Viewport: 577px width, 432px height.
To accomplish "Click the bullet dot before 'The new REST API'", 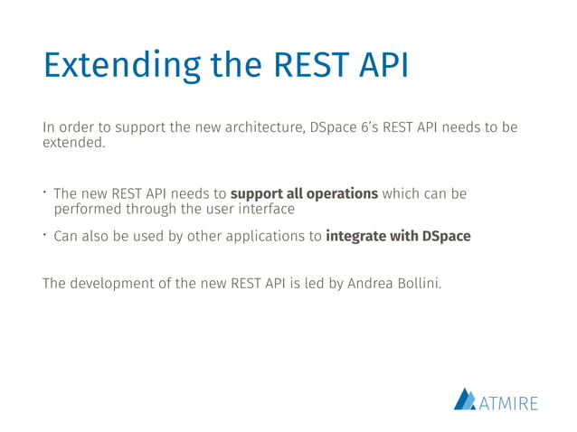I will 45,193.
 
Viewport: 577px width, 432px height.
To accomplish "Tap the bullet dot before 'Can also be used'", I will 45,236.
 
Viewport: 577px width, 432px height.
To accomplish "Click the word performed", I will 88,210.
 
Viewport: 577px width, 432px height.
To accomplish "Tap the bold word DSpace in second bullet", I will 444,237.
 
